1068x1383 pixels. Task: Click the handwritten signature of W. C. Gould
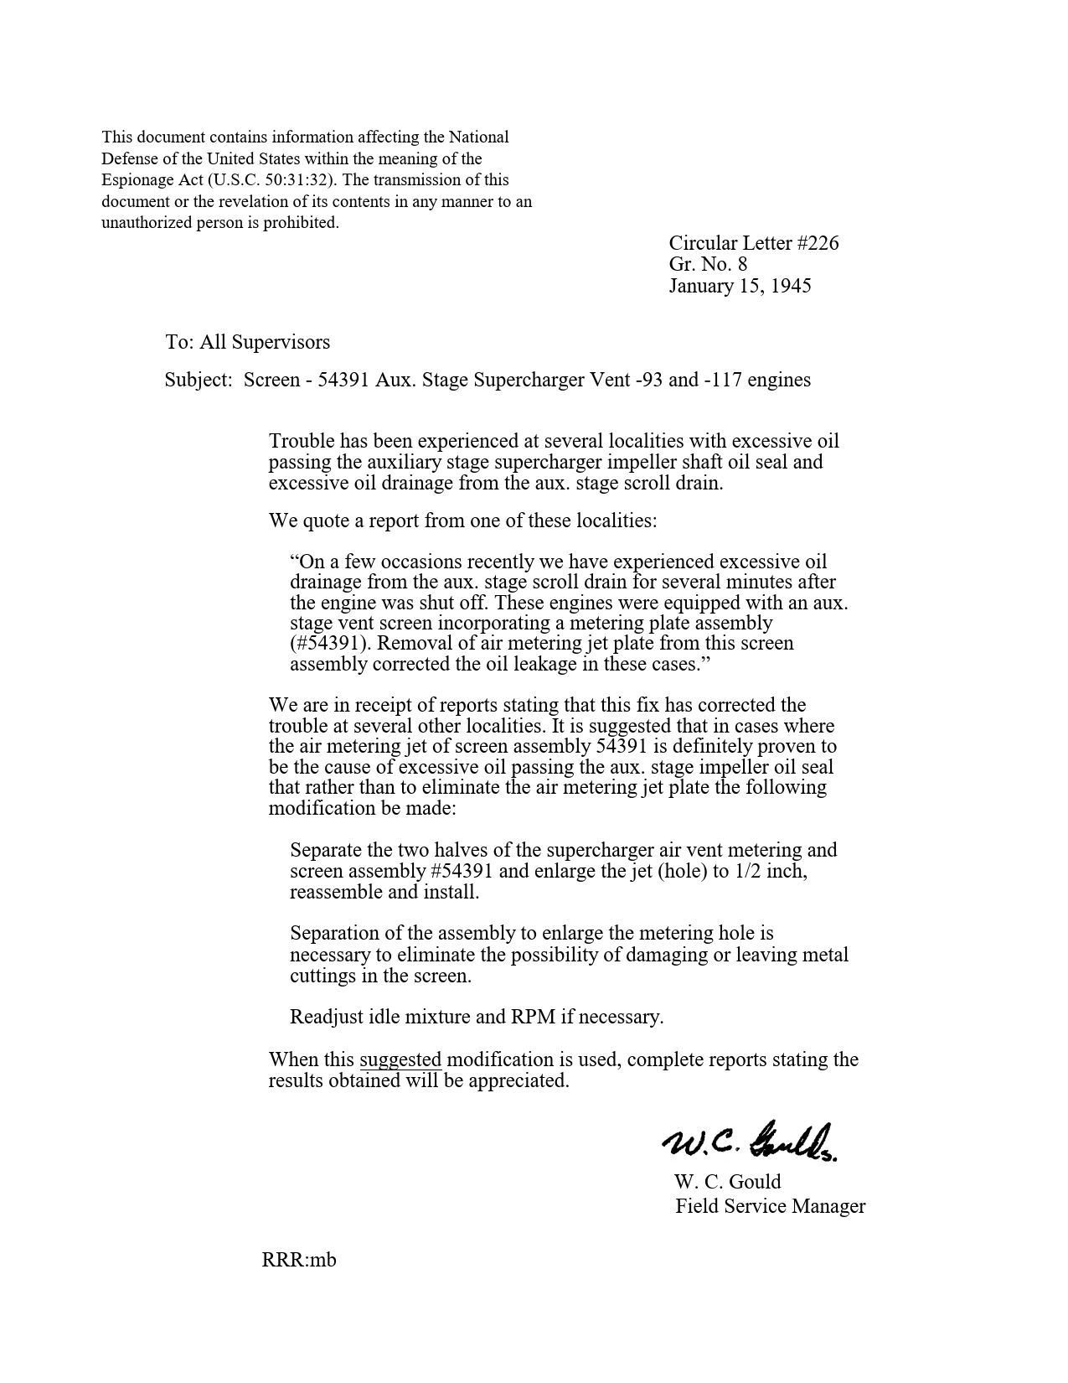(x=751, y=1141)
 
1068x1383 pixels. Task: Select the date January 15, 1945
(x=740, y=286)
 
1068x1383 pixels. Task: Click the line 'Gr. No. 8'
(x=708, y=265)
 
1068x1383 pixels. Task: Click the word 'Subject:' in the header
(x=198, y=381)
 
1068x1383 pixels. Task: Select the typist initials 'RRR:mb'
(x=299, y=1260)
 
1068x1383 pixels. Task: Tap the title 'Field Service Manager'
(x=771, y=1207)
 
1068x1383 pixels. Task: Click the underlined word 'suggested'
(x=400, y=1060)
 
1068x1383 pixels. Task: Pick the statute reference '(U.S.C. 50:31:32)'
(x=271, y=180)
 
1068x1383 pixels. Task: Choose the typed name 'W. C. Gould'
(x=727, y=1183)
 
